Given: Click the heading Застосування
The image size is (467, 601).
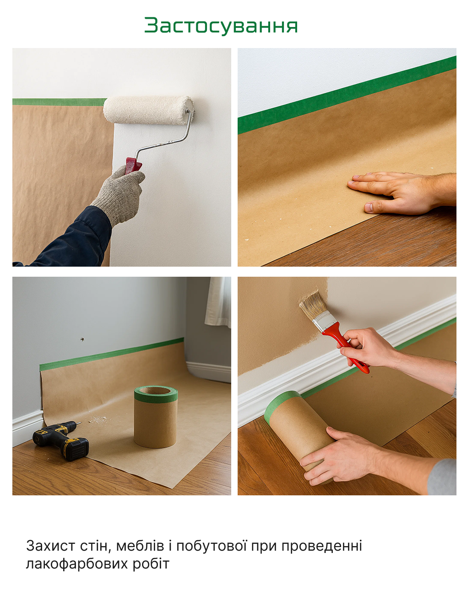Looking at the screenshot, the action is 221,26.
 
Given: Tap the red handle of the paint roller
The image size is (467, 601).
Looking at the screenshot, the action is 133,166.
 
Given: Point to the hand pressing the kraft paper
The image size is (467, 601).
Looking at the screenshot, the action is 402,192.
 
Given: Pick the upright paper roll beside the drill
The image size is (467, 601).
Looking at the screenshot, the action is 156,417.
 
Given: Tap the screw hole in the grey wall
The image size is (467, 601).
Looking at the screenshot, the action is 82,338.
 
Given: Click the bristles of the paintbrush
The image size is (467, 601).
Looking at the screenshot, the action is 313,304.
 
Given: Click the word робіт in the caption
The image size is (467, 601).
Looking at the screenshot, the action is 151,563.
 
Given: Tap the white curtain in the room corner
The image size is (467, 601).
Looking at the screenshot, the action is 218,302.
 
